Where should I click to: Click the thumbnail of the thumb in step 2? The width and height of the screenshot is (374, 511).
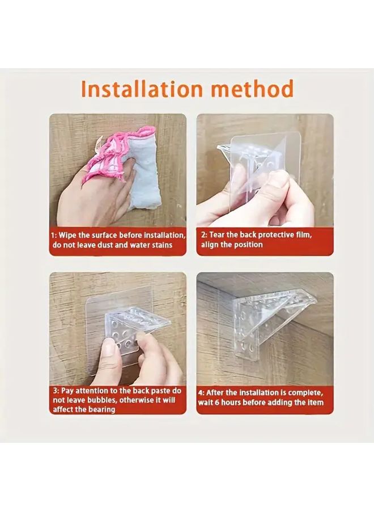[x=278, y=180]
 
